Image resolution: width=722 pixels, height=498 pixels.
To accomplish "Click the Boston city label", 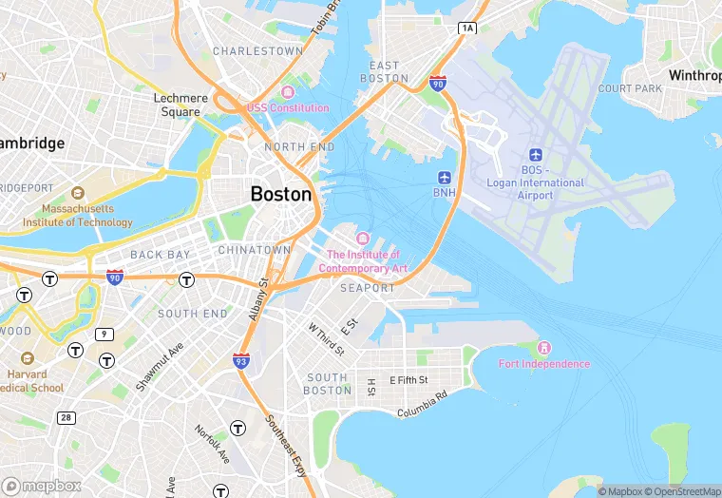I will tap(280, 194).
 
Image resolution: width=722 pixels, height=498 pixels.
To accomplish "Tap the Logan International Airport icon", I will tap(535, 155).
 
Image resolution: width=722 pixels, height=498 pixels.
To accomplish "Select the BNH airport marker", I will tap(445, 178).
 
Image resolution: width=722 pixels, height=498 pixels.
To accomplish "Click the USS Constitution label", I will tap(287, 108).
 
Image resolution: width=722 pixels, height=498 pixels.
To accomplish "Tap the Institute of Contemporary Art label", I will tap(363, 261).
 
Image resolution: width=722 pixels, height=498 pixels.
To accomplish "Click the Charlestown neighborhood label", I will tap(257, 51).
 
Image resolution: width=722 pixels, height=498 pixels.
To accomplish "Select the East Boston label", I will tap(389, 71).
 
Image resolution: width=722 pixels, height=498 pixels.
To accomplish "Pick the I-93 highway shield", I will tap(241, 360).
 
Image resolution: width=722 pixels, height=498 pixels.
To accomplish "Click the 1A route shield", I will tap(466, 29).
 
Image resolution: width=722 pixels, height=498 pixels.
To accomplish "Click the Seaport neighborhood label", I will tap(367, 288).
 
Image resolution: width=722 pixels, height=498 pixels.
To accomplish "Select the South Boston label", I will tap(328, 384).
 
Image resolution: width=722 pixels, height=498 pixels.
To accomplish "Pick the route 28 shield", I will tap(66, 418).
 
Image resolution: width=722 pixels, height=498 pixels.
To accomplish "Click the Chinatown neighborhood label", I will tap(255, 250).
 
